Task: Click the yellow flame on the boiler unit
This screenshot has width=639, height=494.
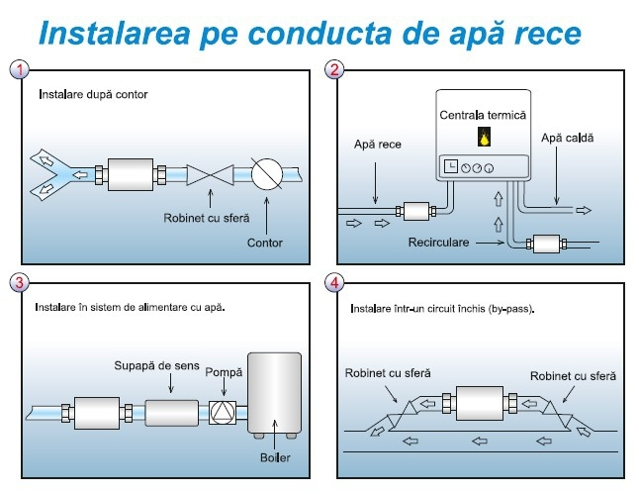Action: (x=484, y=139)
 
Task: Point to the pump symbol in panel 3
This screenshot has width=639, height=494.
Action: (x=224, y=410)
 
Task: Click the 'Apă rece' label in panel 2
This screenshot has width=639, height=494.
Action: (x=377, y=145)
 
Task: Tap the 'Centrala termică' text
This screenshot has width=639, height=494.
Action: (x=484, y=115)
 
